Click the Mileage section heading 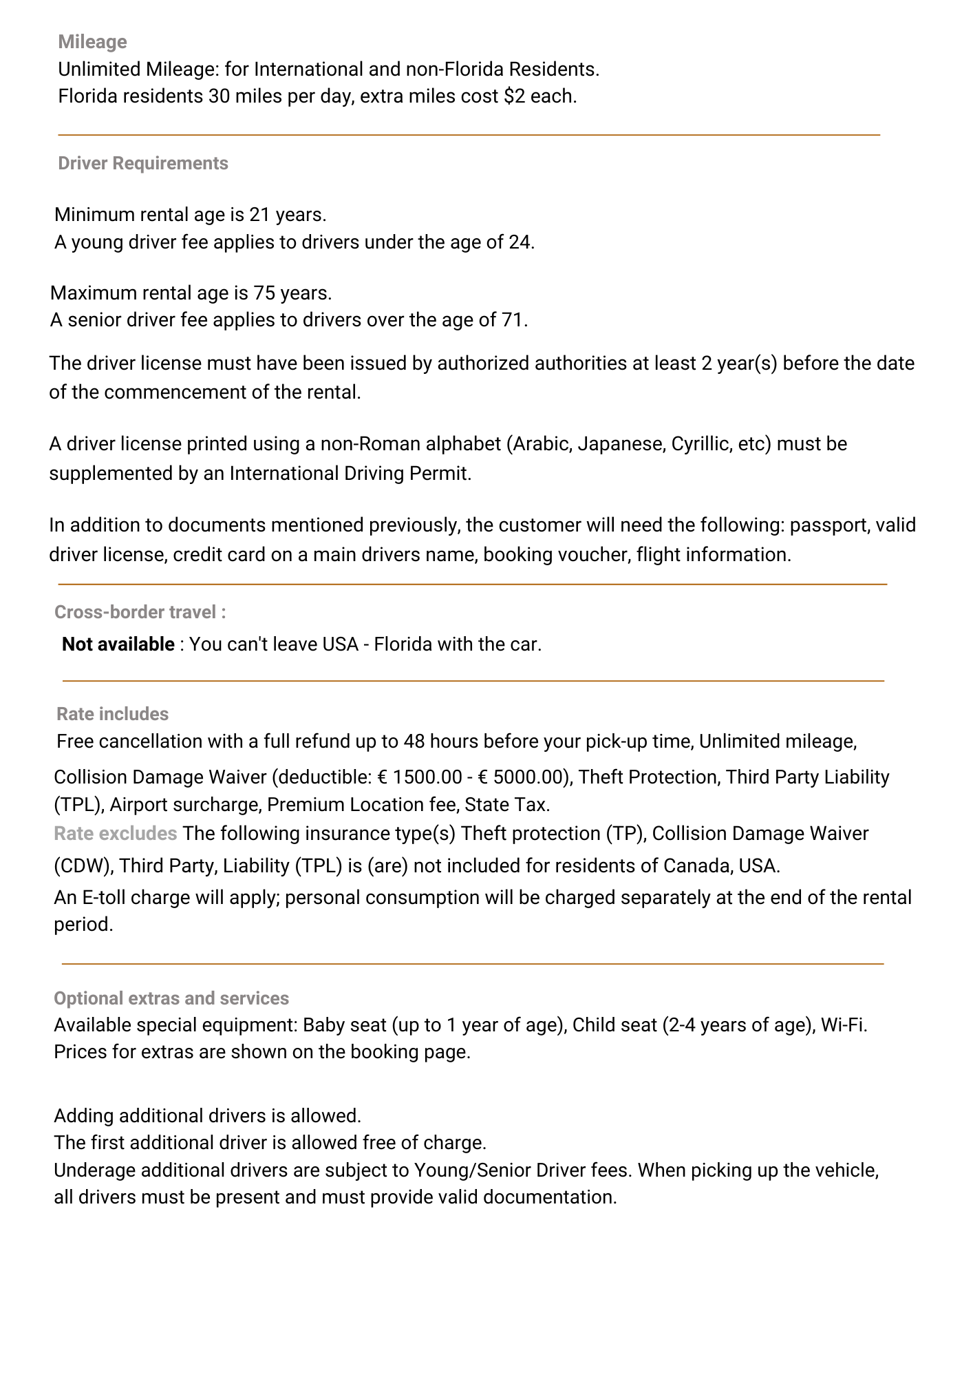coord(92,42)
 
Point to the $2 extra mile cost coord(514,96)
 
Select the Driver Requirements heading coord(142,163)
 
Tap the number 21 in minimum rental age coord(259,215)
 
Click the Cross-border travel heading coord(140,612)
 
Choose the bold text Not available coord(118,644)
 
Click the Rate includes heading coord(112,714)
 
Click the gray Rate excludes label coord(115,834)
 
